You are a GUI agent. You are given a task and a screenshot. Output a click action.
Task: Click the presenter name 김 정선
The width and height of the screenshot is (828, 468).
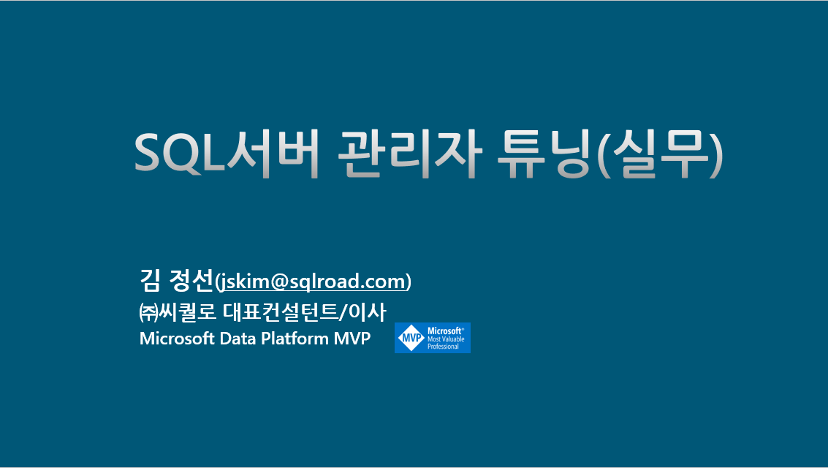coord(175,279)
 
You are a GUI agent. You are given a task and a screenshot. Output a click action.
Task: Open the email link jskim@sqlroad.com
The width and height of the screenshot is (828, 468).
coord(314,282)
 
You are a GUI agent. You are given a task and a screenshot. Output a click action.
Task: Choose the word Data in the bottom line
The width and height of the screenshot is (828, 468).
coord(237,339)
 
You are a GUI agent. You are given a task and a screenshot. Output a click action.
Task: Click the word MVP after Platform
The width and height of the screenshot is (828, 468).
coord(352,339)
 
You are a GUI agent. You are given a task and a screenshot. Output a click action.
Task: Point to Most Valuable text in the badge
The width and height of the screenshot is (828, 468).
coord(446,339)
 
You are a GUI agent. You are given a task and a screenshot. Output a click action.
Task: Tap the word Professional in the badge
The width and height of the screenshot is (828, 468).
coord(443,347)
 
